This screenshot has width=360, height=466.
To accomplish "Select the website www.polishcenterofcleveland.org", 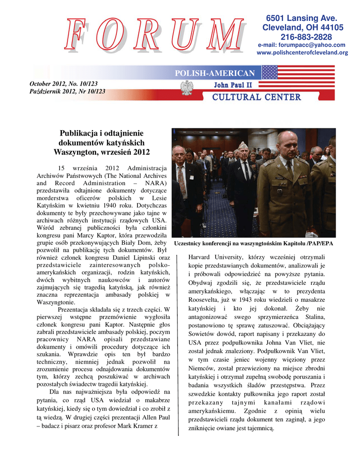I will tap(302, 53).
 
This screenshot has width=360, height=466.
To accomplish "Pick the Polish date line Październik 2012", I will tap(67, 91).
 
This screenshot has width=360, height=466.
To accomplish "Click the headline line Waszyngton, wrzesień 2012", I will tap(101, 152).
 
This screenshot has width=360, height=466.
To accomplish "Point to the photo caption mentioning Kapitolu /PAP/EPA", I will tap(254, 244).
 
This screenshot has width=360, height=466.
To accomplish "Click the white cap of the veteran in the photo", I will tap(243, 145).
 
